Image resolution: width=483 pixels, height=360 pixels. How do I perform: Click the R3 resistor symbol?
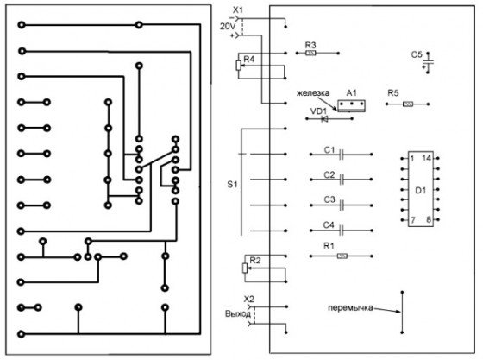(x=310, y=53)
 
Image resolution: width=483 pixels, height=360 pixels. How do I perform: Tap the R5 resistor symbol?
(x=408, y=104)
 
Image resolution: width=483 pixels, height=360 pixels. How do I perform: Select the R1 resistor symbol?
(x=342, y=256)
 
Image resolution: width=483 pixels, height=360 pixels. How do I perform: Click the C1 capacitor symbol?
(x=341, y=155)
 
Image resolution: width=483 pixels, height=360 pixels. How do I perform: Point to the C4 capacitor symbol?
(x=341, y=231)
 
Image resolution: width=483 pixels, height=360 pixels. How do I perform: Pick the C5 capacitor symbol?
(x=428, y=63)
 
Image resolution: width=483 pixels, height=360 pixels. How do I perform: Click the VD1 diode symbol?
(x=324, y=118)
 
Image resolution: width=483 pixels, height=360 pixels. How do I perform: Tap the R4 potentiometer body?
(x=238, y=66)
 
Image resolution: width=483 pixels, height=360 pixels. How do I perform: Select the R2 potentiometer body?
(x=245, y=268)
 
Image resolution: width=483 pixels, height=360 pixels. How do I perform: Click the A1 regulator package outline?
(x=351, y=105)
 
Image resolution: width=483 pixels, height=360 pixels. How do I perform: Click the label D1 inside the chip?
(x=421, y=191)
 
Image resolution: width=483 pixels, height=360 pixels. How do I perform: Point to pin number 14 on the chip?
(x=427, y=159)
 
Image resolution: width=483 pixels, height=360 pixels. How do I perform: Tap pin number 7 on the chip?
(x=413, y=220)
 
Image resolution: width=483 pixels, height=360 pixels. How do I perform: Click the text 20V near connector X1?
(x=228, y=27)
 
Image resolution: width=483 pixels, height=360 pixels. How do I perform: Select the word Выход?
(x=238, y=314)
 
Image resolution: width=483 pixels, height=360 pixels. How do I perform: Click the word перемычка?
(x=350, y=307)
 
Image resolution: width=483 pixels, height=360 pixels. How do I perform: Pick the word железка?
(x=313, y=92)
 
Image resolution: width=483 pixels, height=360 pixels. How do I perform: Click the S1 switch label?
(x=232, y=184)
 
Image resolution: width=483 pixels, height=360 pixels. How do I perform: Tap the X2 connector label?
(x=249, y=300)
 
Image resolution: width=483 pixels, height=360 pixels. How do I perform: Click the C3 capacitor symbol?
(x=341, y=205)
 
